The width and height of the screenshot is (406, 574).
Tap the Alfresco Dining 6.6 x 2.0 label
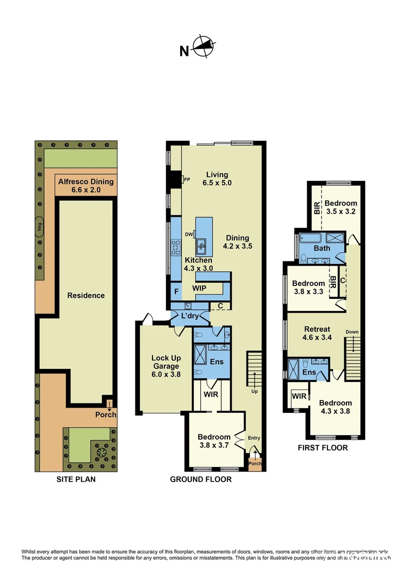click(86, 185)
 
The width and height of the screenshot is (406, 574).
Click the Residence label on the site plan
click(86, 296)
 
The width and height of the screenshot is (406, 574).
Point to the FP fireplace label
click(187, 180)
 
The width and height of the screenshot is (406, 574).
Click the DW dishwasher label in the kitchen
click(189, 234)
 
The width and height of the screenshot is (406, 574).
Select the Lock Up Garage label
click(165, 366)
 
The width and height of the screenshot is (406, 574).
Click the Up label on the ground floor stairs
click(255, 391)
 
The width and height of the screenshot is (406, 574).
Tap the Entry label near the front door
click(254, 438)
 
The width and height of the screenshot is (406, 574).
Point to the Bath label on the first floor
click(322, 248)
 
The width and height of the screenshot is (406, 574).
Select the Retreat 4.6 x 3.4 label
click(317, 333)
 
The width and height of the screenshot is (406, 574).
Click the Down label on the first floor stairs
click(352, 332)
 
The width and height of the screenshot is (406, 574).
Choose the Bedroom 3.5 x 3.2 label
click(341, 207)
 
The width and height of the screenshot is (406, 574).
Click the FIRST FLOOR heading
click(323, 448)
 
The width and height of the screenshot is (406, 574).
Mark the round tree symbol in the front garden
click(101, 453)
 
